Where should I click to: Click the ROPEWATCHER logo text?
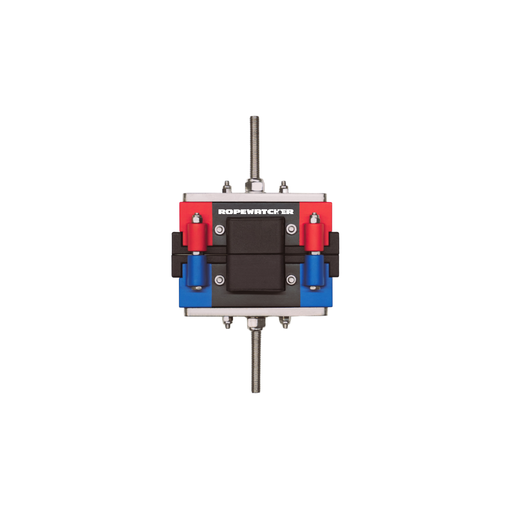[256, 212]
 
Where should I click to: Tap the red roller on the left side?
[197, 237]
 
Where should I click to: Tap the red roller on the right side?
[314, 237]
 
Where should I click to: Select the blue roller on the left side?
[197, 270]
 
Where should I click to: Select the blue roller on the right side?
[314, 270]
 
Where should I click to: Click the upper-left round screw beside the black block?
[220, 229]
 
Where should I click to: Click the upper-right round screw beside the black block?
[291, 229]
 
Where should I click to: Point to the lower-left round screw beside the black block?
[220, 280]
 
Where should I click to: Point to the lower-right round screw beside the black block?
[291, 280]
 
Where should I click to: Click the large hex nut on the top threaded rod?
[255, 186]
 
